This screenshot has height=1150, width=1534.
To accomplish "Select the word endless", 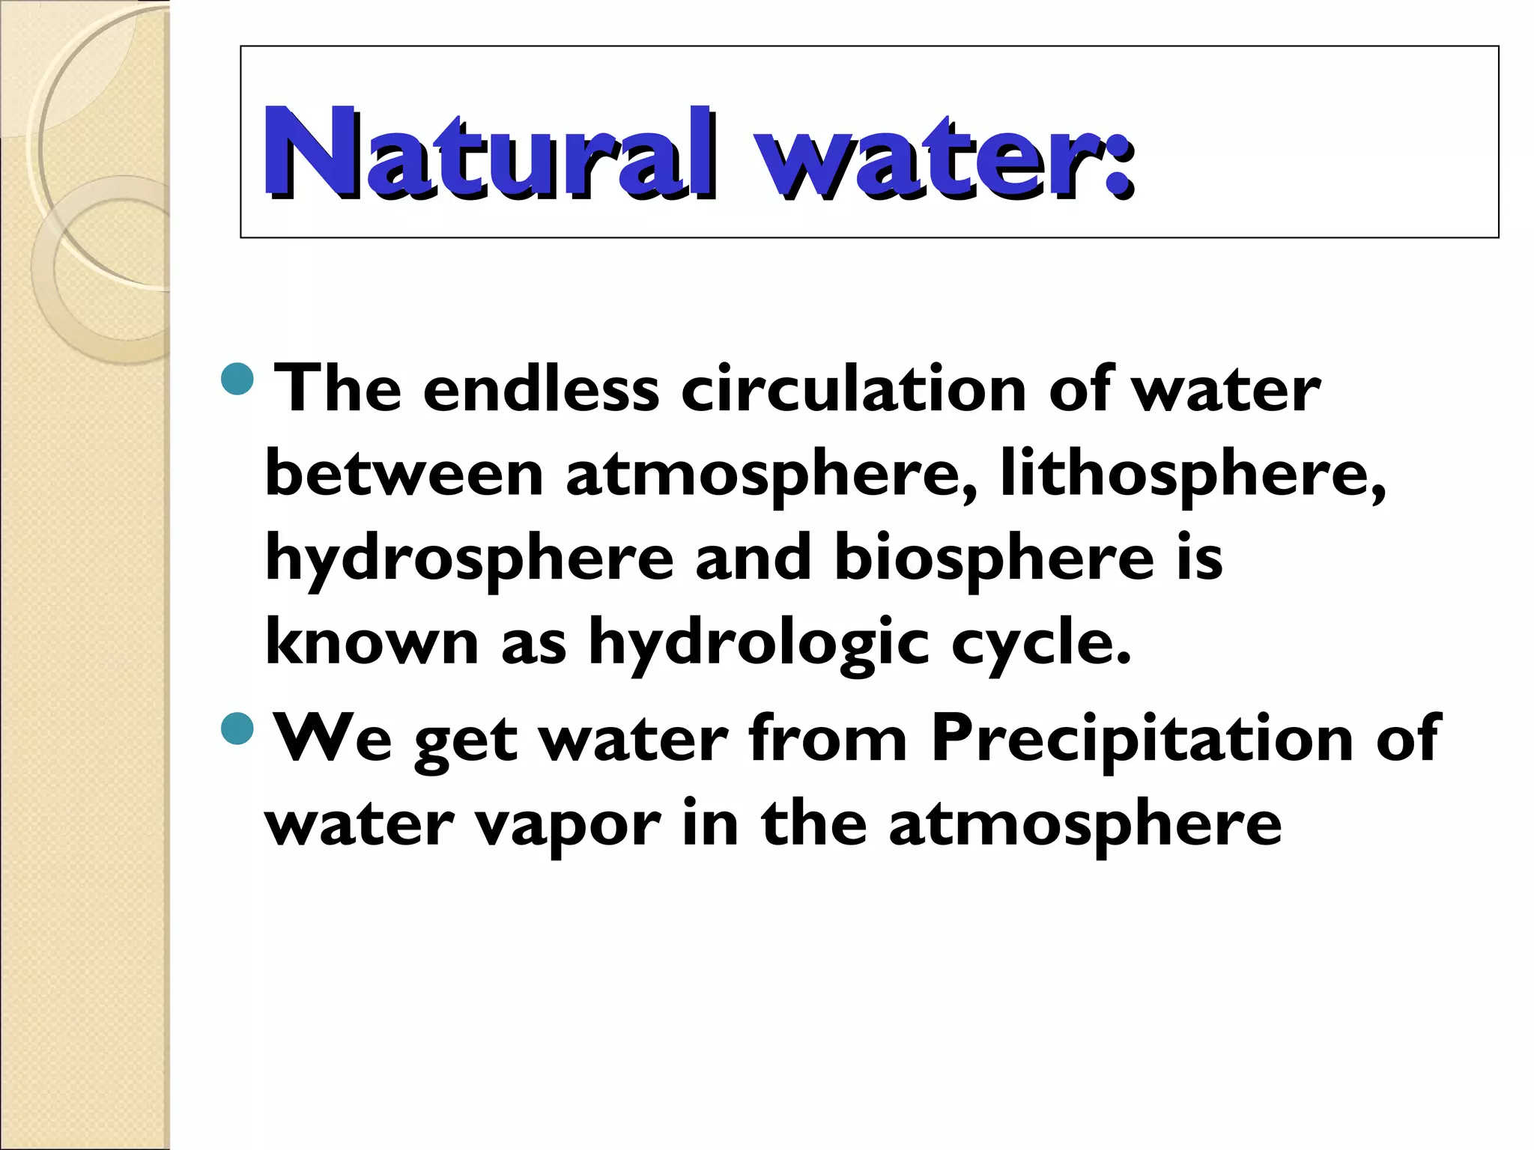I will point(541,389).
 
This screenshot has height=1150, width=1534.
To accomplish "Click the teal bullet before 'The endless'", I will point(239,379).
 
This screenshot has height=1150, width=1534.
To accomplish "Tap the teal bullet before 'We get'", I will point(239,728).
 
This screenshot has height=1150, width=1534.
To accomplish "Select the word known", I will point(372,642).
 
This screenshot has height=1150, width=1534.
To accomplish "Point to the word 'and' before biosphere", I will point(754,558).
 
